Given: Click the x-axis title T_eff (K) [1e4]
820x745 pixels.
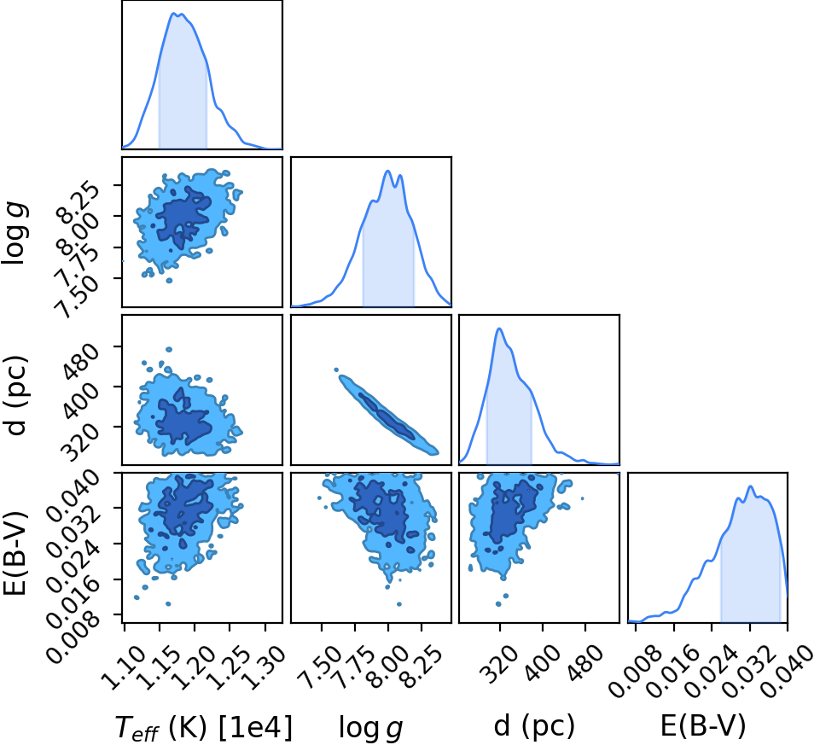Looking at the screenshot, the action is [203, 727].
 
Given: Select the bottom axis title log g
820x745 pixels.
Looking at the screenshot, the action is [371, 728].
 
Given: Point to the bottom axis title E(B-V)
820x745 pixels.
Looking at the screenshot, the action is [703, 725].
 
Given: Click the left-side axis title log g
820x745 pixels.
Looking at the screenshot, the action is [15, 235].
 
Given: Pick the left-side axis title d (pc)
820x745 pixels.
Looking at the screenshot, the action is [15, 395].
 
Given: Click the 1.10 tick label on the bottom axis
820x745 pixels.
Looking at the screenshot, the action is [121, 667].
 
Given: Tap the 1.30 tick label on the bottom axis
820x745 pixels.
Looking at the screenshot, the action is [263, 667].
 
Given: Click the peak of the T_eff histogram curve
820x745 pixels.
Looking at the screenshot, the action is [174, 13].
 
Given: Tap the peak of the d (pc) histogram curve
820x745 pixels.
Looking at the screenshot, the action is [499, 329].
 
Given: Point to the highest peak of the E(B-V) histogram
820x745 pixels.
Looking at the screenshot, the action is [750, 486].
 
